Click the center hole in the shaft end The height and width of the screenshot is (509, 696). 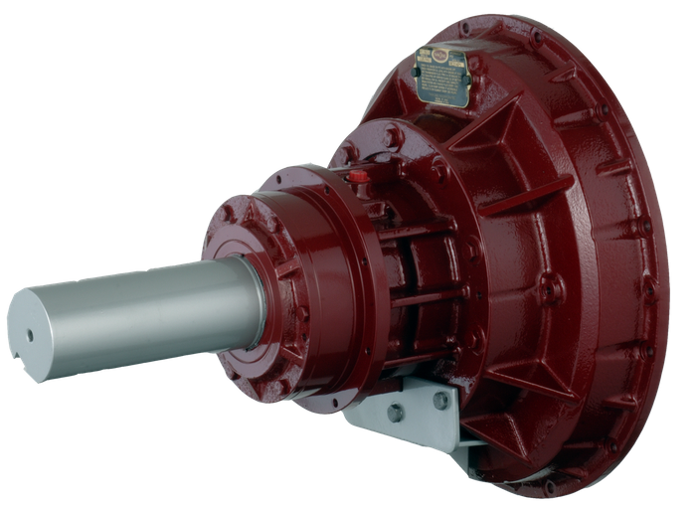[x=29, y=335]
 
